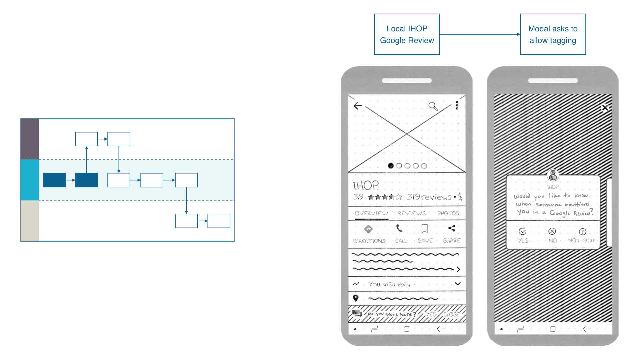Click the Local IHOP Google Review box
click(407, 34)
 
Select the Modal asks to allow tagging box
click(553, 34)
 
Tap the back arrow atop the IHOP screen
click(358, 106)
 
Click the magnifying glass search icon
click(433, 106)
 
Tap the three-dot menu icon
click(457, 105)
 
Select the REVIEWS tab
click(412, 213)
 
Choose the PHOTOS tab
click(448, 213)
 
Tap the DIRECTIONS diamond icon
click(368, 229)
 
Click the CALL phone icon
click(399, 229)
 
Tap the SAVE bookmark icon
click(425, 229)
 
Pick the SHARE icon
click(452, 228)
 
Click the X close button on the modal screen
click(605, 108)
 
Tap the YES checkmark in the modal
click(523, 232)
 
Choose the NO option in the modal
click(552, 232)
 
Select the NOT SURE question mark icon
click(582, 232)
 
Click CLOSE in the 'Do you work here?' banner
click(451, 314)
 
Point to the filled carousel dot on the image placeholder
click(391, 166)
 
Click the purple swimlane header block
click(30, 139)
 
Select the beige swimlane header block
click(30, 221)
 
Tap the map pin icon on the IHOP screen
click(356, 298)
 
